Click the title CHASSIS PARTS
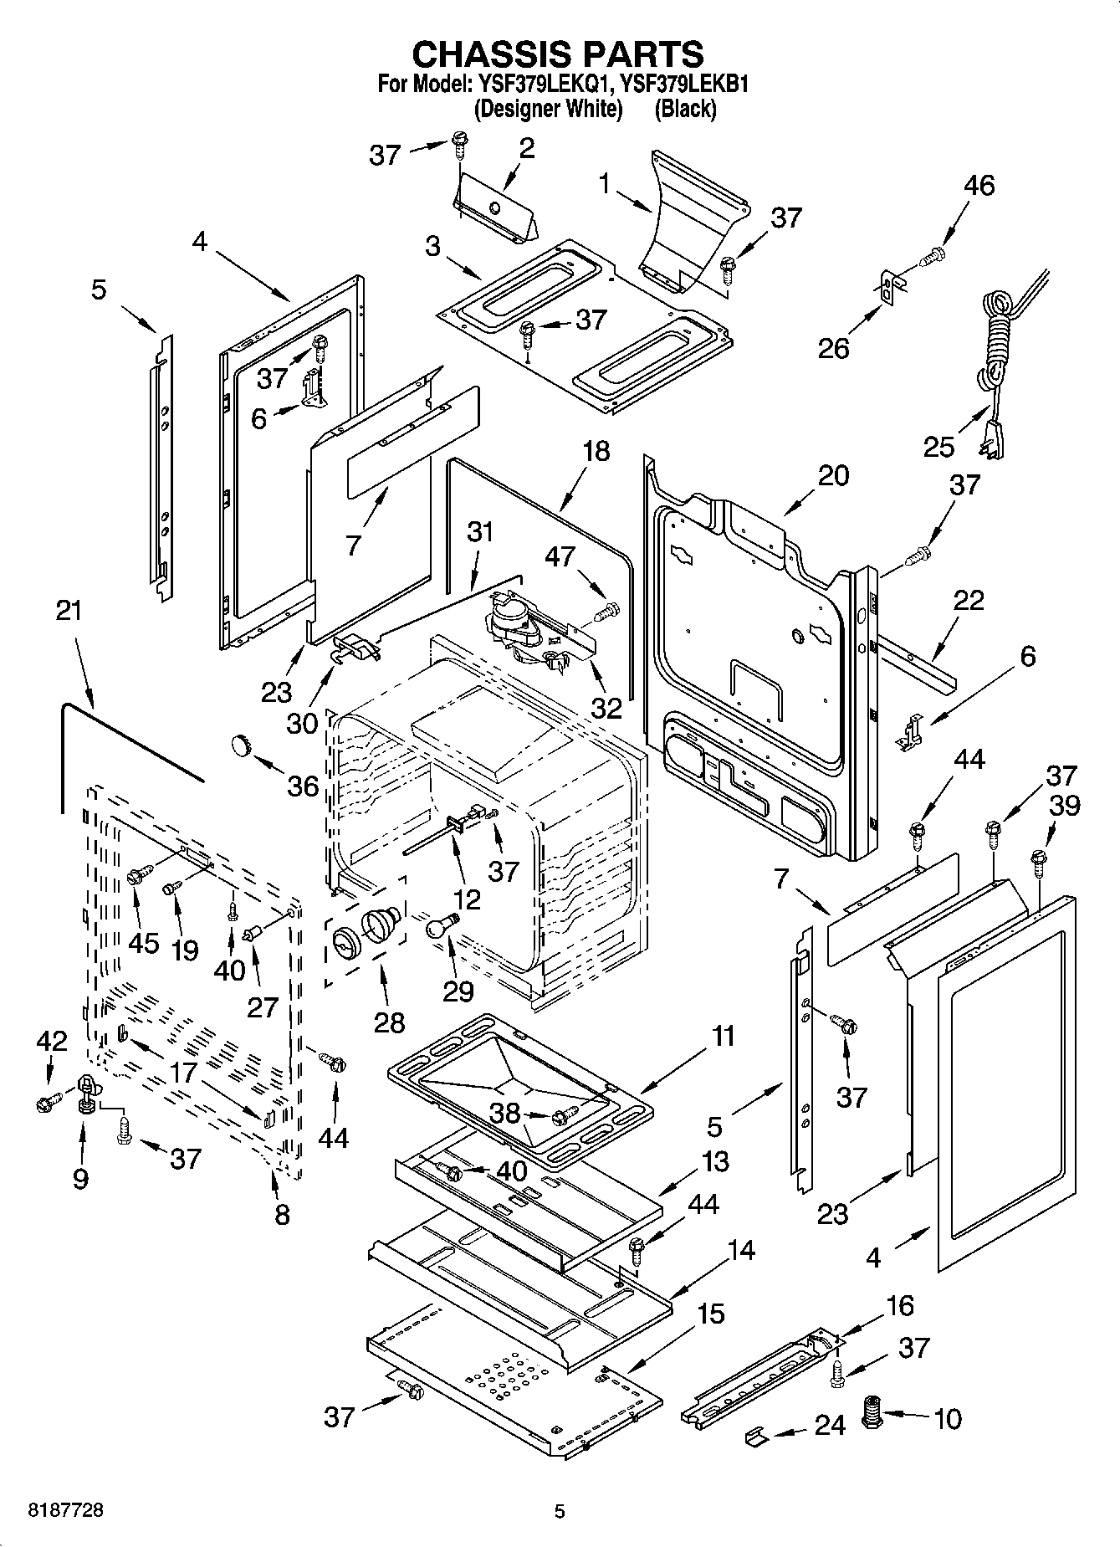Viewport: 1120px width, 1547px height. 559,54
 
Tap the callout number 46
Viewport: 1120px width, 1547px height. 979,185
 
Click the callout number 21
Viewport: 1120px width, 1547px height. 69,610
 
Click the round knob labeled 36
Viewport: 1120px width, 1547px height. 241,743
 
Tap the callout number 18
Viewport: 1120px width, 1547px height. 596,452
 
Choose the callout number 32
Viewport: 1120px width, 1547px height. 606,708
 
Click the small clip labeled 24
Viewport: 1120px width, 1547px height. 756,1435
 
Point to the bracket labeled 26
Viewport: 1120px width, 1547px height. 892,289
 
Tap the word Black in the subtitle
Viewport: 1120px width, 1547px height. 685,109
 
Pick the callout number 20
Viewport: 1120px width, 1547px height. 833,475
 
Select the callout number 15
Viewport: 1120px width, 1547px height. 710,1313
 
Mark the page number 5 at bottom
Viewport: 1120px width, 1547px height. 560,1511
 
